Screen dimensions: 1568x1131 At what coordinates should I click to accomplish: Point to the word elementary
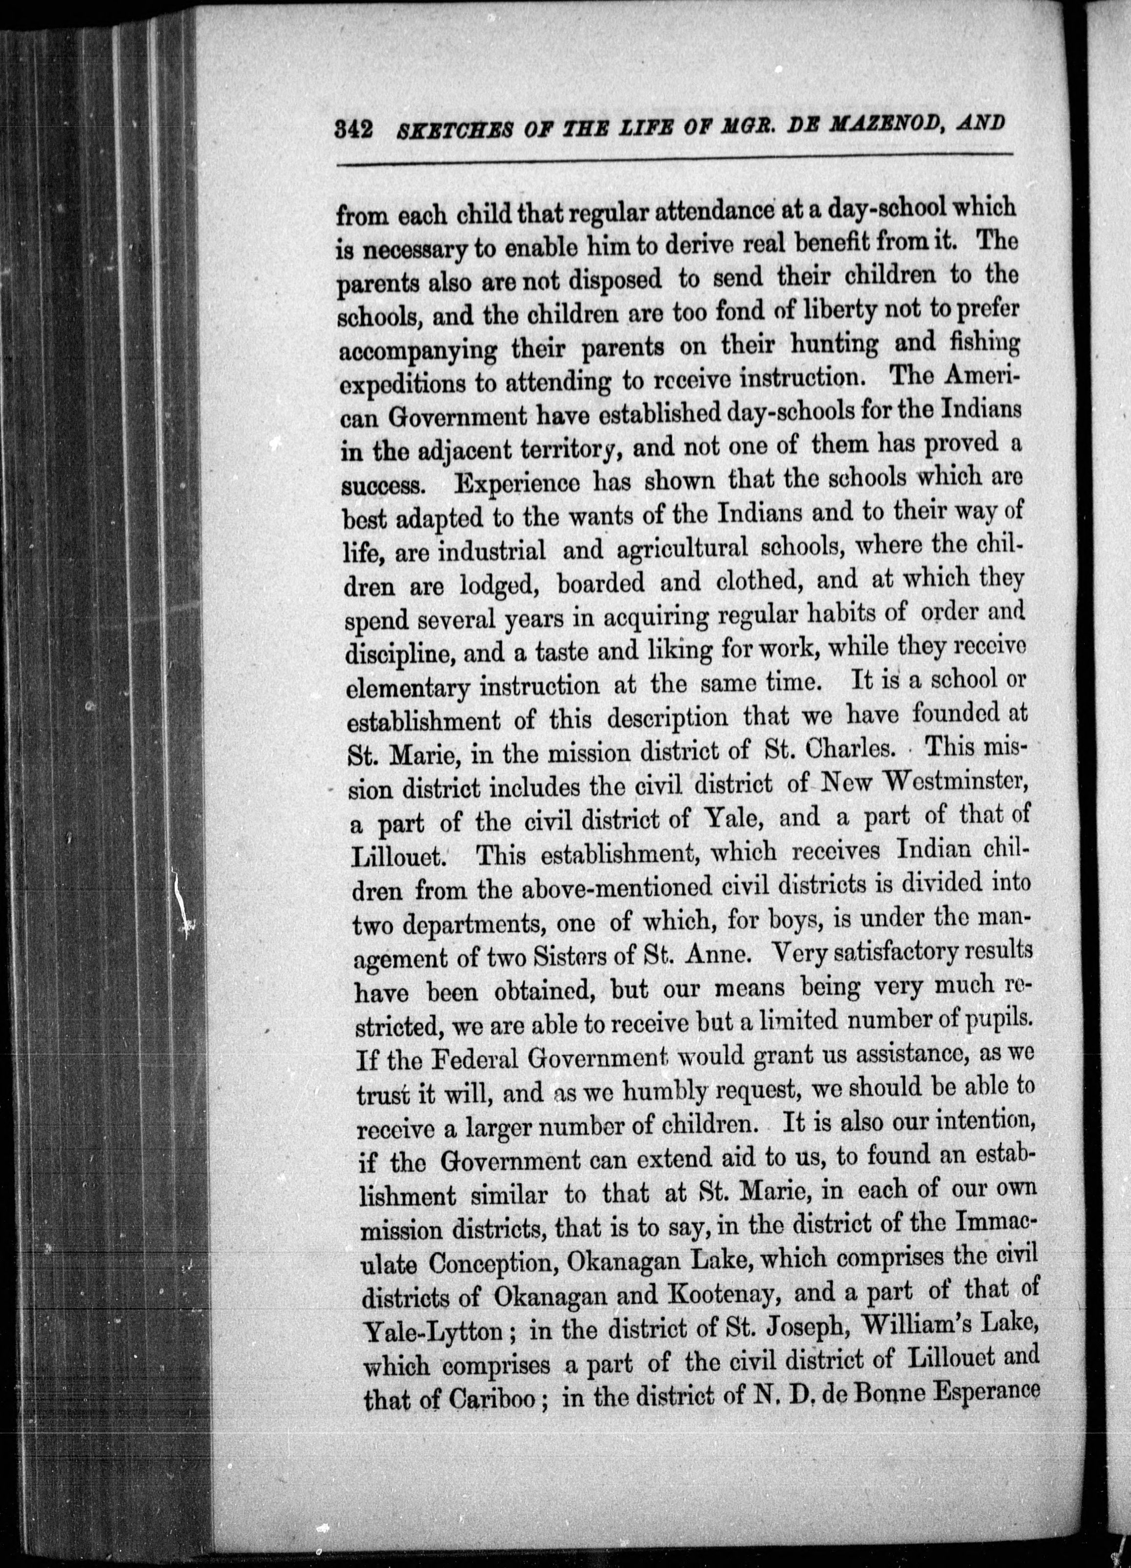408,687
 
